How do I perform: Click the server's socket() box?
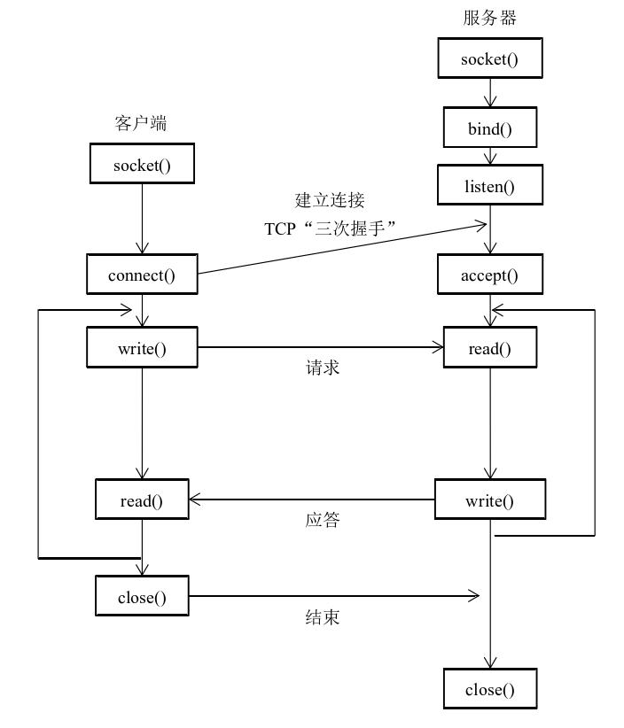point(489,59)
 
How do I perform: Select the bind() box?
point(489,128)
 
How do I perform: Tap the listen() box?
point(489,187)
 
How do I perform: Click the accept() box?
point(489,275)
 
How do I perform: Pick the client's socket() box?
point(142,166)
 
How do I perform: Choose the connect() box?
point(142,275)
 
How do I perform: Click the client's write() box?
point(142,348)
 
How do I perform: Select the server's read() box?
point(489,348)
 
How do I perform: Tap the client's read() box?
point(142,500)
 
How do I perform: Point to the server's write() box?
point(489,500)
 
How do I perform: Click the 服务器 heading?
point(489,18)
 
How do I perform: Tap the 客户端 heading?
point(141,123)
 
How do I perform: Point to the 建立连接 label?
point(330,200)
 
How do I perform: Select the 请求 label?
point(322,368)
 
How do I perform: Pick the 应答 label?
point(322,520)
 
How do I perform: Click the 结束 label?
point(322,617)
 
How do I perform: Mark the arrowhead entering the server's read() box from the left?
point(437,348)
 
